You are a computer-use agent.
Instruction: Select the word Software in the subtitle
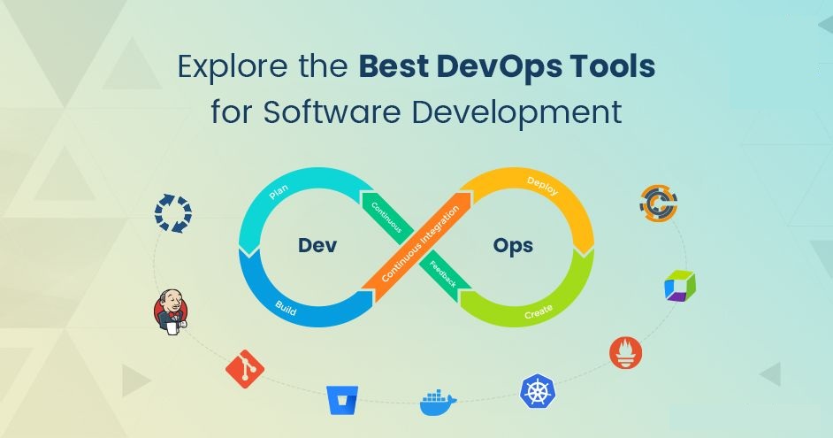coord(332,112)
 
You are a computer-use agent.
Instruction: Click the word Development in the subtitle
coord(517,113)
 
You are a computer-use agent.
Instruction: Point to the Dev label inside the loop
coord(317,245)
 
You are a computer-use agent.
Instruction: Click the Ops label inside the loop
coord(513,246)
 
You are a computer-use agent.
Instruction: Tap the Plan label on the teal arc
coord(279,191)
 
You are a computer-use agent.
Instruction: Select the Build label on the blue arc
coord(286,308)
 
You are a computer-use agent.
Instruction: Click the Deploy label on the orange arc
coord(542,186)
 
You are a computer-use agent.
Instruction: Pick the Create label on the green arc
coord(539,312)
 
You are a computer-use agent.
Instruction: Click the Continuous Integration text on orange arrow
coord(420,244)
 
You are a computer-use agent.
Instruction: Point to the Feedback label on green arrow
coord(442,274)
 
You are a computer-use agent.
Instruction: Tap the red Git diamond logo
coord(245,369)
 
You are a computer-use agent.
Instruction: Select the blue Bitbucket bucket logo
coord(342,400)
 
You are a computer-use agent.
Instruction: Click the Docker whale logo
coord(438,403)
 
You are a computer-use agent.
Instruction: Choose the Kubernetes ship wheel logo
coord(538,391)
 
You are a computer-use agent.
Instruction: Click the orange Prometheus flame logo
coord(626,353)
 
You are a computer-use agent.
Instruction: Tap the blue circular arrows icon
coord(173,213)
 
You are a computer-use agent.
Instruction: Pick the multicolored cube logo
coord(680,286)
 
